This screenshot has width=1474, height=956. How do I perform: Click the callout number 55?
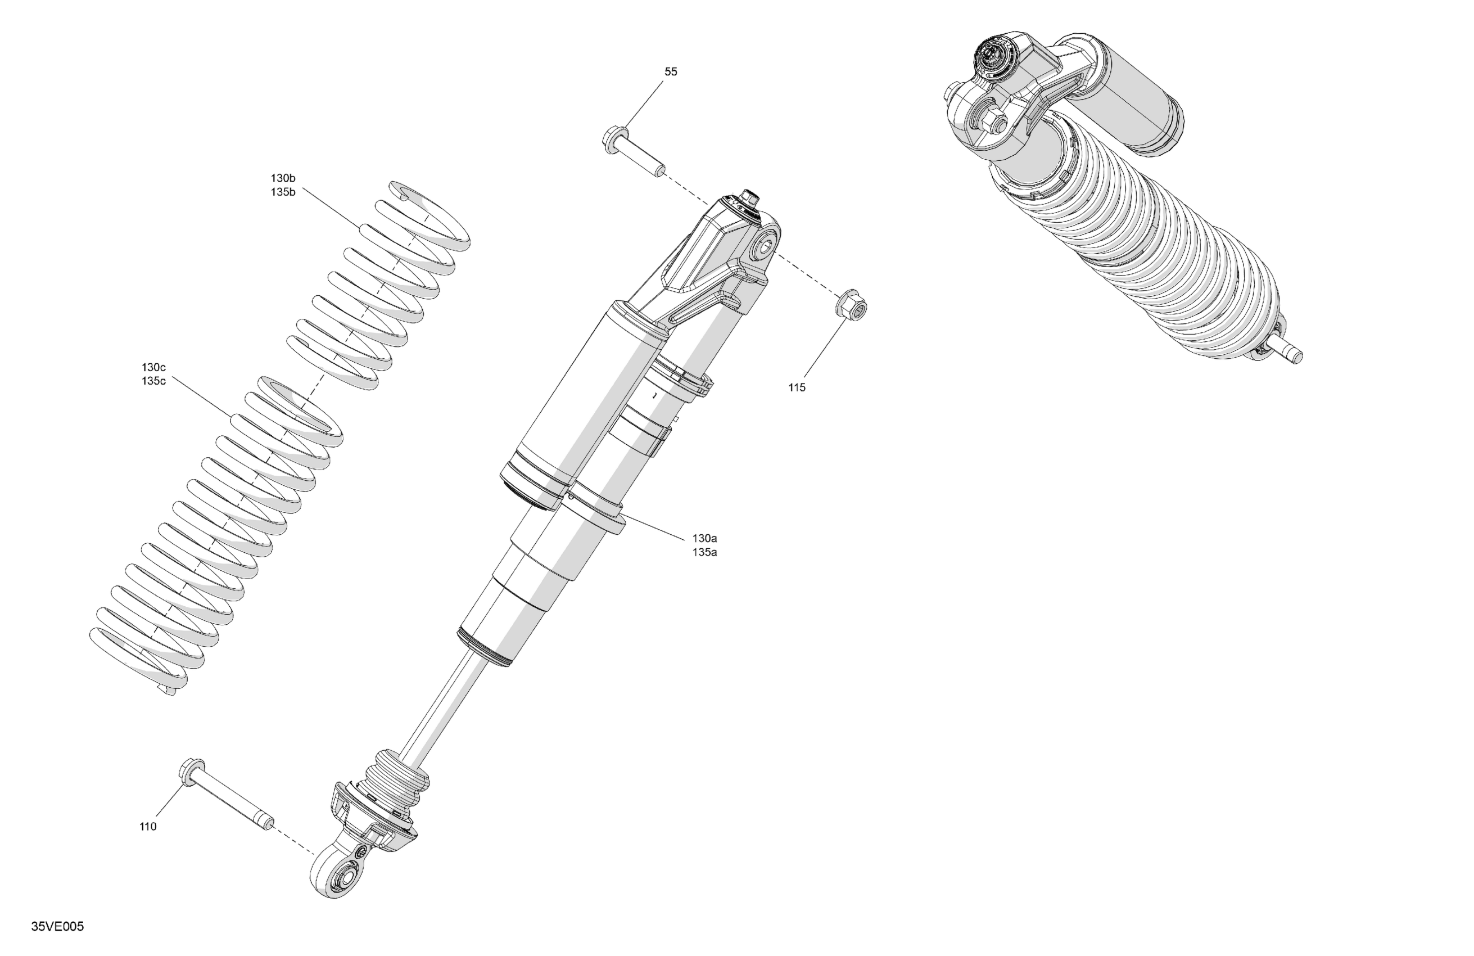click(x=671, y=72)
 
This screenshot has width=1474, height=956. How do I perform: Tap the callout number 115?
click(x=797, y=388)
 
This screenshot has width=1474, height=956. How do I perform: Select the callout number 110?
click(x=148, y=827)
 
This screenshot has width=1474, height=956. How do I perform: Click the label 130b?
click(x=283, y=178)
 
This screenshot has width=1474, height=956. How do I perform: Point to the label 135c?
click(x=153, y=381)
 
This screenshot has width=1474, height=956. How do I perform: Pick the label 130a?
click(x=705, y=538)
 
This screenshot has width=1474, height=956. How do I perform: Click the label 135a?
click(x=705, y=552)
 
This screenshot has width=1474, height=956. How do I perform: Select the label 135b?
click(x=283, y=192)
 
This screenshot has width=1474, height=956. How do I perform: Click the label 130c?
click(x=153, y=367)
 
